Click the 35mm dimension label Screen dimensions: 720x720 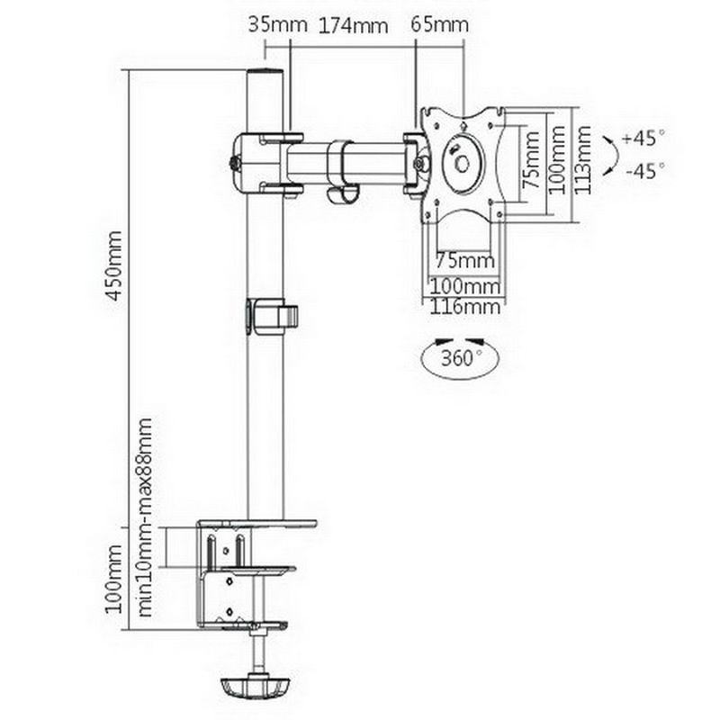click(x=278, y=25)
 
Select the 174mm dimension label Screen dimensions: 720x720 click(x=353, y=26)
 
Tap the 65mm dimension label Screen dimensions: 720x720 click(x=439, y=25)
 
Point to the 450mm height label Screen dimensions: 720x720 click(x=114, y=265)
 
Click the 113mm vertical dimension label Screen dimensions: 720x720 click(x=582, y=160)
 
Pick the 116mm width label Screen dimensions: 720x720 click(x=464, y=307)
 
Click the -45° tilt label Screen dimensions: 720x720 click(x=645, y=171)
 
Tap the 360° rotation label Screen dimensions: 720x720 click(x=462, y=357)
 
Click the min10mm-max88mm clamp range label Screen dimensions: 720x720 click(x=145, y=517)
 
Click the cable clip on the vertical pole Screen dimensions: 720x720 click(x=272, y=317)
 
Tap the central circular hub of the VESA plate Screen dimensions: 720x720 click(x=463, y=164)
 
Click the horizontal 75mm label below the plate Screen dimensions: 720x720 click(x=464, y=261)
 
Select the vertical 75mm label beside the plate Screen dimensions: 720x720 click(x=531, y=160)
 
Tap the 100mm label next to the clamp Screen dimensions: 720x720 click(x=114, y=579)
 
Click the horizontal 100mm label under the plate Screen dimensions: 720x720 click(x=464, y=286)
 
